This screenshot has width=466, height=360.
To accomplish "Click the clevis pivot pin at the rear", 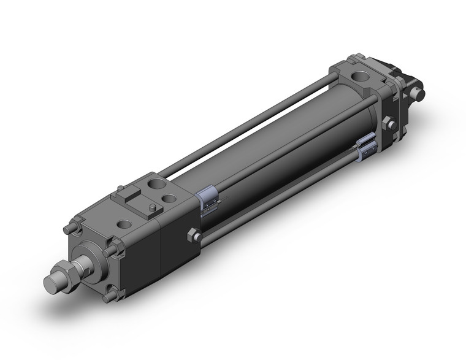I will pyautogui.click(x=421, y=94).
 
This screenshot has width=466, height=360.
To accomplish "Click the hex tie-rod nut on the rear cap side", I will pyautogui.click(x=388, y=125).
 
